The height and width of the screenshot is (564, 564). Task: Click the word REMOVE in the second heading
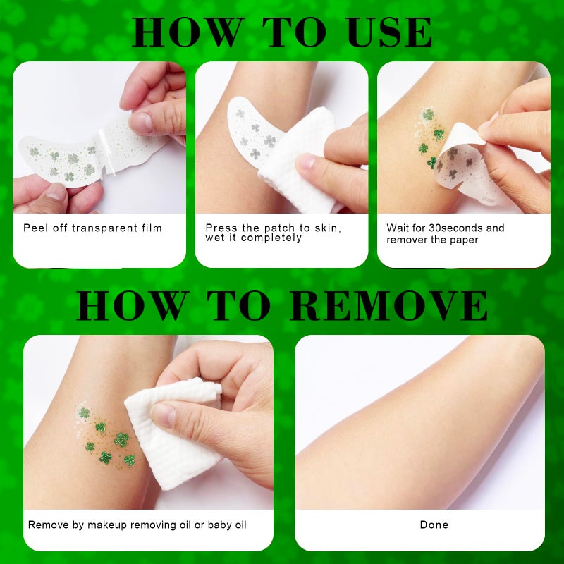pyautogui.click(x=389, y=305)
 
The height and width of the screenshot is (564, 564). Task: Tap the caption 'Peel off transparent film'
pyautogui.click(x=92, y=228)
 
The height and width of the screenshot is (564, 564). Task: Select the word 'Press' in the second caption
pyautogui.click(x=220, y=228)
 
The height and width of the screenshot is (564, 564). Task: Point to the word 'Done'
pyautogui.click(x=434, y=525)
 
